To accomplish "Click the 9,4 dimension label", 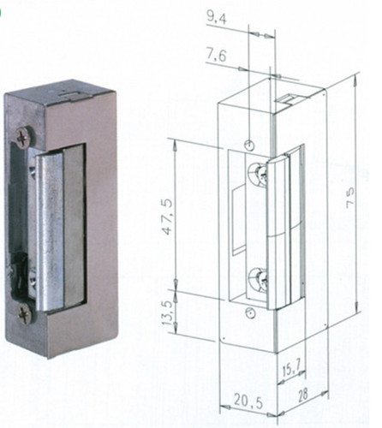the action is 217,19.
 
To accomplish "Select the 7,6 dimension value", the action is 216,56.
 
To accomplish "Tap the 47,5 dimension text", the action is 168,217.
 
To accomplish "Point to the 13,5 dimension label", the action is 168,313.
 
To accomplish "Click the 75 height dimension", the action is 350,195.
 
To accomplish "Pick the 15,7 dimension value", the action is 291,371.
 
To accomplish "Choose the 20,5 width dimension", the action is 248,401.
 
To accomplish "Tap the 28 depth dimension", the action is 303,395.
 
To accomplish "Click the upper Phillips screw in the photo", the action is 23,138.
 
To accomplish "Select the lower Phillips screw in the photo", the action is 24,314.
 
